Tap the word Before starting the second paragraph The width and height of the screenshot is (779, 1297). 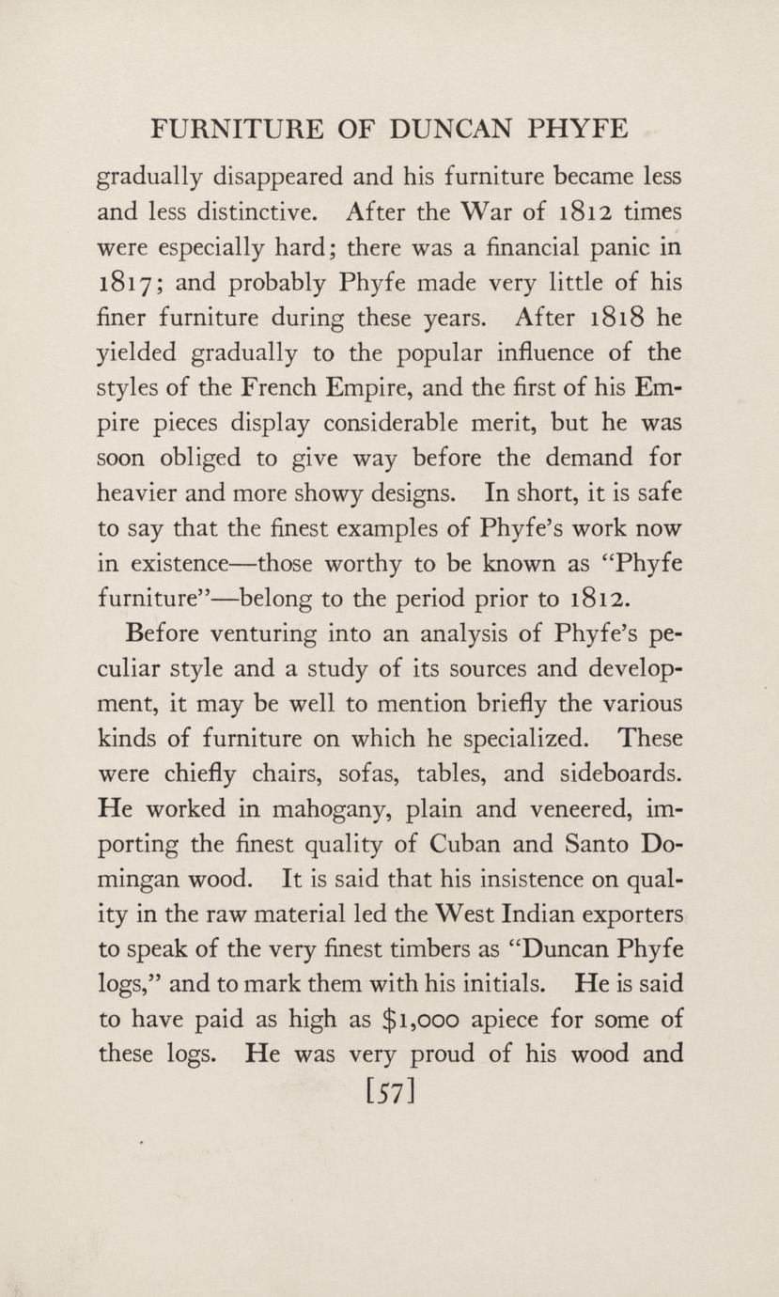point(159,633)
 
